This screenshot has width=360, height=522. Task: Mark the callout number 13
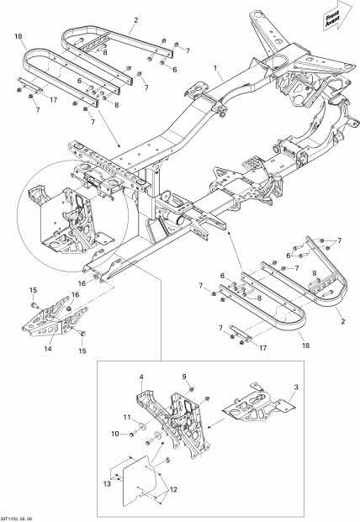coord(106,484)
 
